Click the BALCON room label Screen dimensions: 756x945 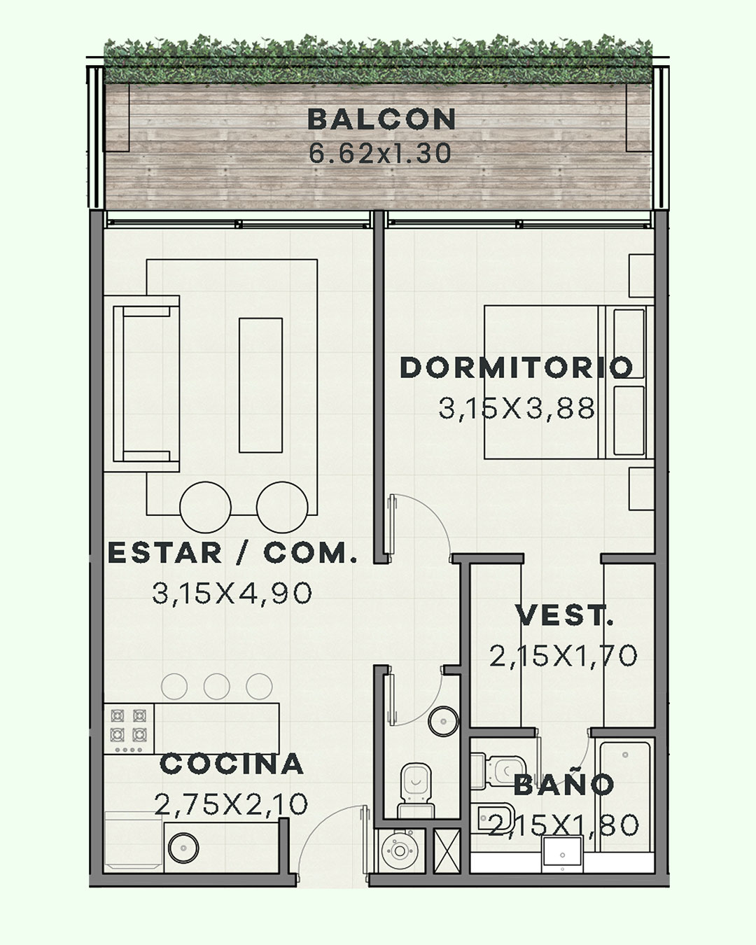pos(381,120)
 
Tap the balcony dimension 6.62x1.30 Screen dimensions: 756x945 pos(380,153)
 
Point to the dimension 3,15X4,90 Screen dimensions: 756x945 pos(232,593)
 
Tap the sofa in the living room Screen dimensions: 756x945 pos(141,384)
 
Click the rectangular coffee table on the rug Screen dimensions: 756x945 pos(260,385)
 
